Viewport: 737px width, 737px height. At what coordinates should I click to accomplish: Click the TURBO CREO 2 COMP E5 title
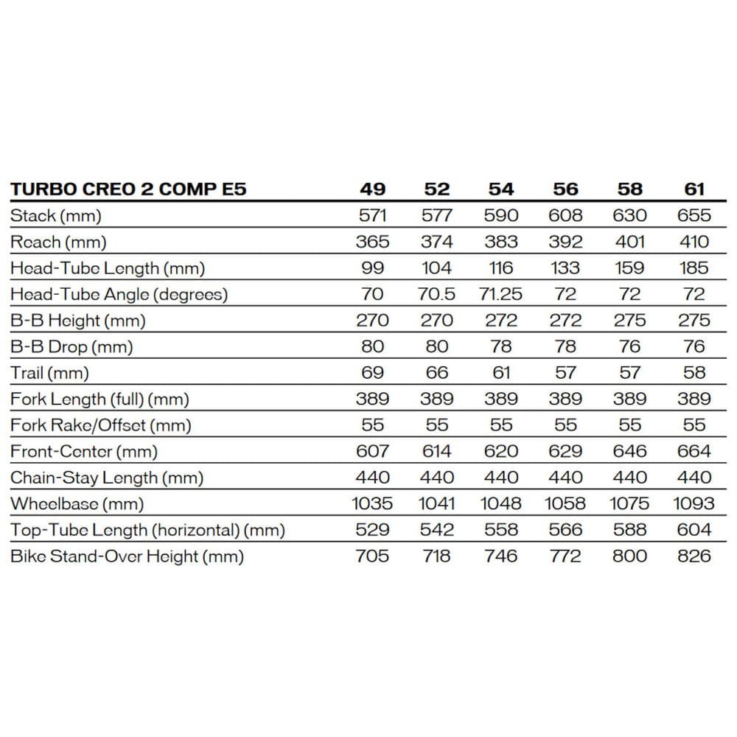coord(128,189)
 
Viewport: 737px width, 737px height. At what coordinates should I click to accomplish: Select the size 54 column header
coord(501,189)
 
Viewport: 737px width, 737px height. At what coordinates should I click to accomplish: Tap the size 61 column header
coord(694,189)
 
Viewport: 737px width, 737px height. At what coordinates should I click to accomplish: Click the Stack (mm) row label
coord(56,216)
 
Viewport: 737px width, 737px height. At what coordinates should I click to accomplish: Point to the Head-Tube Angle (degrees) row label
coord(119,295)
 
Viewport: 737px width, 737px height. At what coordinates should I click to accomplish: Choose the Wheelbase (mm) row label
coord(77,504)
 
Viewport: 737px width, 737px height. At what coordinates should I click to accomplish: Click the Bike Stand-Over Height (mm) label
coord(127,556)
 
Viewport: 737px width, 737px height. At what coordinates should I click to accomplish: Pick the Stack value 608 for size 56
coord(565,216)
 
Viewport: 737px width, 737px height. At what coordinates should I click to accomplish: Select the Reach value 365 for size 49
coord(372,242)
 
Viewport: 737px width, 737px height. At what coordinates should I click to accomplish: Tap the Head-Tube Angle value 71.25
coord(501,295)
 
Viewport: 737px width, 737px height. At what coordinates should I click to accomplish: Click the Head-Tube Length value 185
coord(694,268)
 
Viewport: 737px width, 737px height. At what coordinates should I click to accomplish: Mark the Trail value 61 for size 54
coord(501,373)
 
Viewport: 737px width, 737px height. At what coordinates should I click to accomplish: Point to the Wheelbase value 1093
coord(694,504)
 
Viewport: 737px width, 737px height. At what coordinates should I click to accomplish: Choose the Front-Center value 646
coord(630,452)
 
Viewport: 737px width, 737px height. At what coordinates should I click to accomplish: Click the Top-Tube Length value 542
coord(437,530)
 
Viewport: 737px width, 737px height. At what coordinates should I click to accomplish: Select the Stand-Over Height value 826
coord(694,556)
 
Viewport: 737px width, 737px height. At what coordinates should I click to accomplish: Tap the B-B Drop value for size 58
coord(630,347)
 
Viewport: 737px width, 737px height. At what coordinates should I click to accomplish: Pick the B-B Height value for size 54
coord(501,321)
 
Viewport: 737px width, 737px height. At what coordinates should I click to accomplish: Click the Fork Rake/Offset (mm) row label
coord(101,425)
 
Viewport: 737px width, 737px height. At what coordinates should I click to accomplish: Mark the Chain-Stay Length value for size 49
coord(372,478)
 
